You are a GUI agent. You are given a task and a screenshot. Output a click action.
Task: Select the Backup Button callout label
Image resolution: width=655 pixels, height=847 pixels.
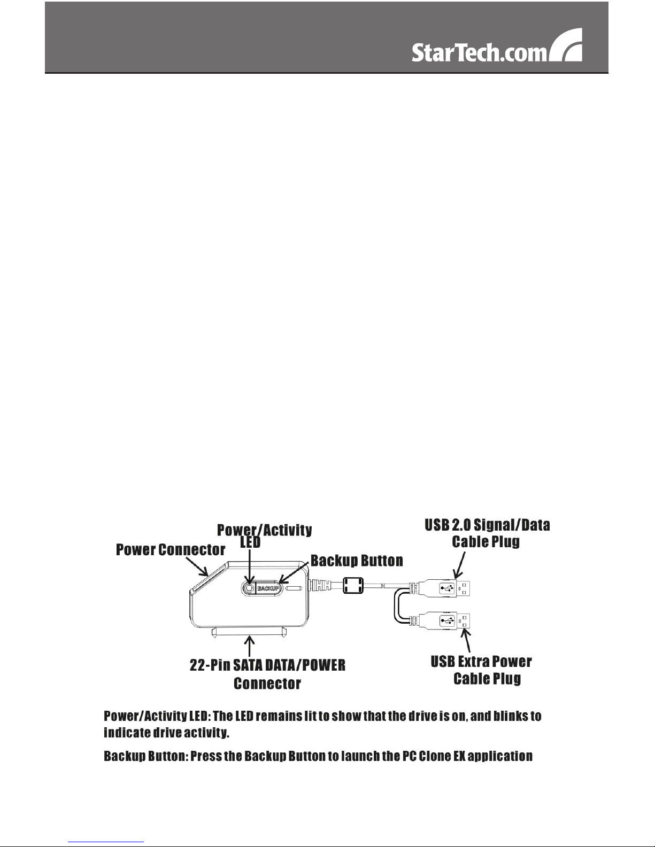(357, 561)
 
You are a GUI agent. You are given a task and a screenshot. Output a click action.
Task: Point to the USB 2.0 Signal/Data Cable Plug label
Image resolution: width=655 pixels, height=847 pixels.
(487, 533)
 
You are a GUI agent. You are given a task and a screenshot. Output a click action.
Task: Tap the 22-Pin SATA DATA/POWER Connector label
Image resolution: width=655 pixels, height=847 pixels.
(267, 674)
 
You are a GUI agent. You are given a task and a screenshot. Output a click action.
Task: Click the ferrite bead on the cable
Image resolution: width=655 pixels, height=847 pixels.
(353, 586)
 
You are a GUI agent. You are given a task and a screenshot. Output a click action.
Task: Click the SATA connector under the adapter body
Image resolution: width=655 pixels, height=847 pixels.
(252, 632)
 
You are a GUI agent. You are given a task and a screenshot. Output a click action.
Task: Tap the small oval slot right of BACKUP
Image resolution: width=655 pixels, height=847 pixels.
(294, 588)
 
